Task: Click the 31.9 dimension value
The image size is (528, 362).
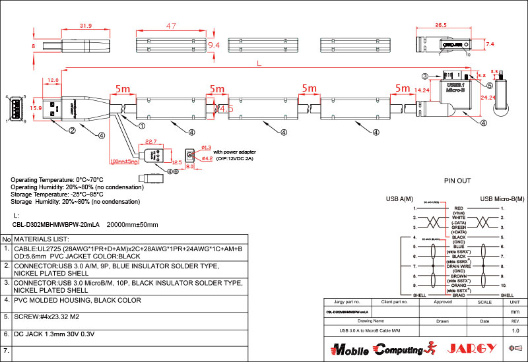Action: point(86,26)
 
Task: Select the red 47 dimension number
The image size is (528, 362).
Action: point(171,26)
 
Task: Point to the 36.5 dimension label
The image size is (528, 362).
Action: point(441,25)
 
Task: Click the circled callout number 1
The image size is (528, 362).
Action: point(142,123)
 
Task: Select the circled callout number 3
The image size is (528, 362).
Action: point(426,76)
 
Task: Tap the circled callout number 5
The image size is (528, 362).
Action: point(490,85)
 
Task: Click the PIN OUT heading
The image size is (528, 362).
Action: point(458,180)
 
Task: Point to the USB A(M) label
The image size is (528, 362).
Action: point(399,198)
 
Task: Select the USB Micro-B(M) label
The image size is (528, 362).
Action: point(504,198)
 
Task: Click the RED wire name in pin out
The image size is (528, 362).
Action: point(459,208)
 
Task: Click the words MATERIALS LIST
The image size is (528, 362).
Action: point(42,239)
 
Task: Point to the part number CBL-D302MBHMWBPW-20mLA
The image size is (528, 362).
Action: point(55,224)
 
